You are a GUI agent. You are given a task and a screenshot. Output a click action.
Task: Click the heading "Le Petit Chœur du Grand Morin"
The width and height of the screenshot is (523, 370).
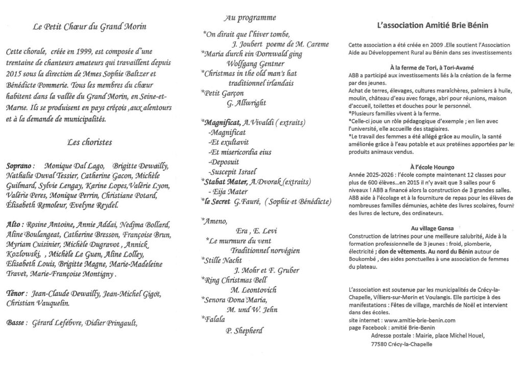pyautogui.click(x=89, y=27)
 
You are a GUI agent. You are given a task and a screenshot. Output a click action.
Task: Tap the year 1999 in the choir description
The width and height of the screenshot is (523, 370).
pyautogui.click(x=83, y=52)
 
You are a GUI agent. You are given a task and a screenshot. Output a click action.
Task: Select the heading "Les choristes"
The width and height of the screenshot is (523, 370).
pyautogui.click(x=89, y=143)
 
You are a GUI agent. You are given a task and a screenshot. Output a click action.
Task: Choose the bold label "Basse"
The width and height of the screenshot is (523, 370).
pyautogui.click(x=17, y=323)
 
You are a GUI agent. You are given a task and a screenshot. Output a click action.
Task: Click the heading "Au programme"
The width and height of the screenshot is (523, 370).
pyautogui.click(x=250, y=18)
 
